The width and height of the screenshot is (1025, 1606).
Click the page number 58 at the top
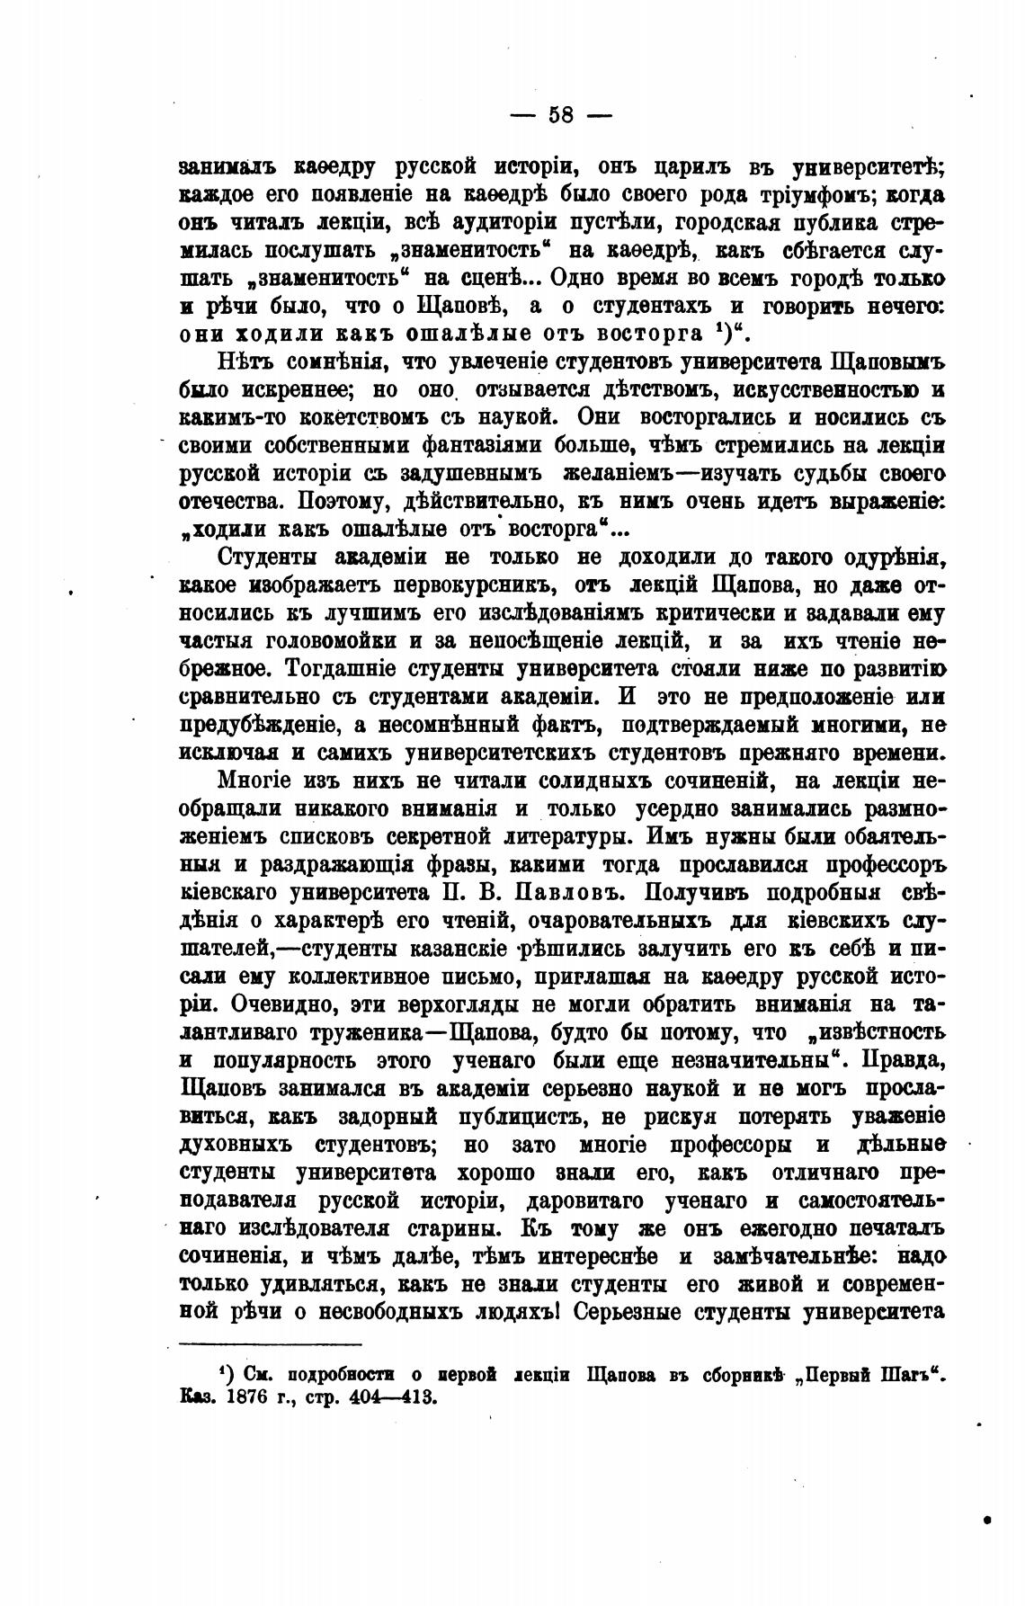(561, 114)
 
